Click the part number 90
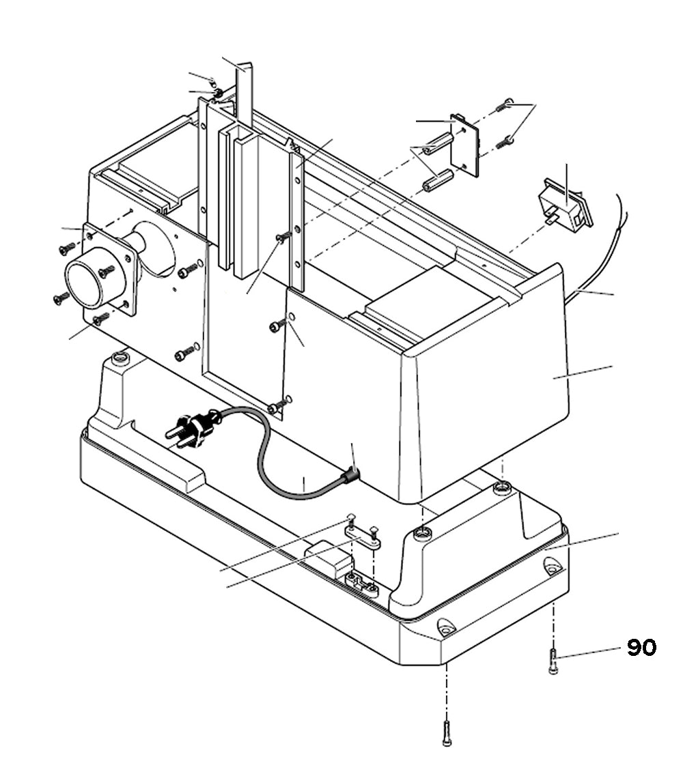click(641, 648)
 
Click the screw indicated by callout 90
click(553, 661)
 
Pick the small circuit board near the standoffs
click(466, 145)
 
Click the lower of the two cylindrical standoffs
click(438, 181)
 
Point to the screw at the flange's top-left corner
click(67, 249)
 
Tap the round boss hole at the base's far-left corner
click(121, 358)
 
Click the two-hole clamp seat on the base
click(362, 584)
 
